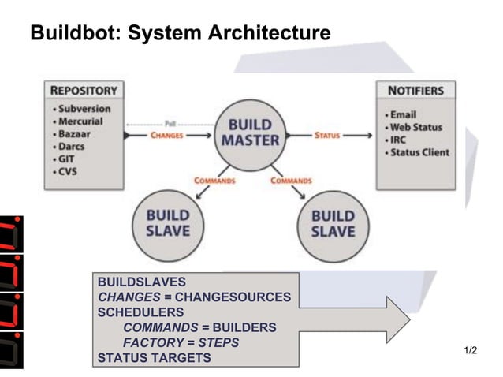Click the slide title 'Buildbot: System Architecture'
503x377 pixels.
pyautogui.click(x=180, y=34)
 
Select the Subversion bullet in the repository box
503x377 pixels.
pyautogui.click(x=81, y=108)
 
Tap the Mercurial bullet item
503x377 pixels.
pyautogui.click(x=80, y=121)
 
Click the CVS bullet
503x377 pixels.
pyautogui.click(x=67, y=172)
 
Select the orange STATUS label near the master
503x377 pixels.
pyautogui.click(x=327, y=135)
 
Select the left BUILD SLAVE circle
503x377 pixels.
pyautogui.click(x=167, y=223)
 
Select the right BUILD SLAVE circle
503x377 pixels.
pyautogui.click(x=333, y=223)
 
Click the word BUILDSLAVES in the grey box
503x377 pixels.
pyautogui.click(x=141, y=282)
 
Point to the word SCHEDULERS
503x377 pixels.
pyautogui.click(x=140, y=312)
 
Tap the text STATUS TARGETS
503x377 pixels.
pyautogui.click(x=154, y=357)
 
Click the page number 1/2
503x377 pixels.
pyautogui.click(x=471, y=349)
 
